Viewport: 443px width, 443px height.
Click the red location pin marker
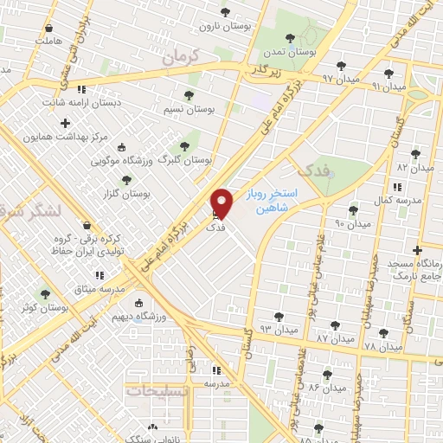[222, 203]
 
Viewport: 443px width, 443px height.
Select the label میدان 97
[315, 78]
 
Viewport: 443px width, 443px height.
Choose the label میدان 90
[352, 224]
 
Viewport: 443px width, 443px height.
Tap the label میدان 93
[279, 330]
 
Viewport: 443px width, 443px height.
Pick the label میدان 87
[336, 337]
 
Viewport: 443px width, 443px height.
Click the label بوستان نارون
[224, 27]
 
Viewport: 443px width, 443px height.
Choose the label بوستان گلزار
[126, 193]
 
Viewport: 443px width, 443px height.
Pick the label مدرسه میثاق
[101, 287]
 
